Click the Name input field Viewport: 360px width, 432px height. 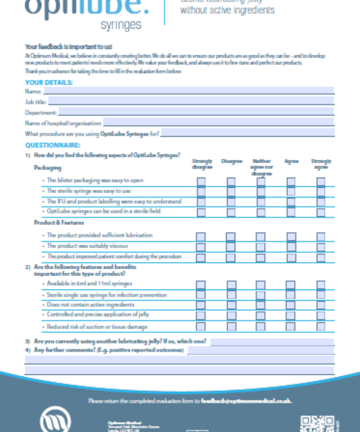(189, 91)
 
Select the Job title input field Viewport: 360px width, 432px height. (191, 101)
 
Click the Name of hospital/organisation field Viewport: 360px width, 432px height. (218, 122)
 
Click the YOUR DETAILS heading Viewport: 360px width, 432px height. (49, 83)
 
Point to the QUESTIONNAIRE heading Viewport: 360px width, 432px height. (53, 145)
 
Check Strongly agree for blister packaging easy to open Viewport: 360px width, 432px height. (321, 181)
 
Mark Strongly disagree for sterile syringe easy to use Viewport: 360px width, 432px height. (201, 192)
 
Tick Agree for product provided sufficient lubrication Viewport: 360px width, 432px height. (291, 236)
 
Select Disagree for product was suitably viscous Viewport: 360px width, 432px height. (231, 247)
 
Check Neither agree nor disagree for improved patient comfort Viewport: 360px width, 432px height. (261, 257)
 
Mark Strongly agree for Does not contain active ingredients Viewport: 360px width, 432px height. (321, 305)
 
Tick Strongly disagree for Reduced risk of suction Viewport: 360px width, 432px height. (201, 327)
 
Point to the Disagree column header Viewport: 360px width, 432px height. (231, 161)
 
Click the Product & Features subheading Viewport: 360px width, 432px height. (59, 223)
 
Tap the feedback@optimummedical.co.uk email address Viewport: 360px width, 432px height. (246, 401)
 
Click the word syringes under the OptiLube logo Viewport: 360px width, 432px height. (121, 25)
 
